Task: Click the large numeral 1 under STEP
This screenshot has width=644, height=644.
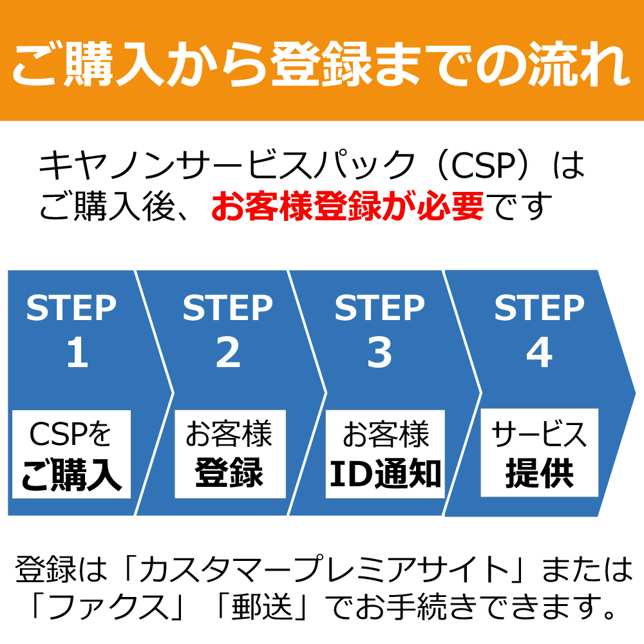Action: pyautogui.click(x=78, y=352)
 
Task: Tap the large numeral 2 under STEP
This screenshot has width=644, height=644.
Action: pyautogui.click(x=227, y=352)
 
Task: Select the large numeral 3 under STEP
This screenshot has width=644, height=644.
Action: pyautogui.click(x=379, y=352)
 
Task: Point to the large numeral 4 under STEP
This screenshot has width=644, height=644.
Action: pyautogui.click(x=539, y=352)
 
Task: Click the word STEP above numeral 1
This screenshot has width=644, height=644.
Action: pyautogui.click(x=71, y=308)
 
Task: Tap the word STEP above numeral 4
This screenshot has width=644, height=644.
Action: pyautogui.click(x=539, y=308)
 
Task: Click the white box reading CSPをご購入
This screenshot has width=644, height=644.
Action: pyautogui.click(x=71, y=454)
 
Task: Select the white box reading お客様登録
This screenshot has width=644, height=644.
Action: pyautogui.click(x=230, y=454)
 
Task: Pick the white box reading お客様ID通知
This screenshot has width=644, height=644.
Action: pyautogui.click(x=385, y=454)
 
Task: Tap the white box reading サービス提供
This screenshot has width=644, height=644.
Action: pyautogui.click(x=539, y=453)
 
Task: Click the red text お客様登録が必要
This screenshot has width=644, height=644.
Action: pyautogui.click(x=348, y=206)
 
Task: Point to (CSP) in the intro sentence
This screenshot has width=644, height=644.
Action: pyautogui.click(x=484, y=165)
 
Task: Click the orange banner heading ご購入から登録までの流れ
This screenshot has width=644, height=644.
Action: pyautogui.click(x=322, y=64)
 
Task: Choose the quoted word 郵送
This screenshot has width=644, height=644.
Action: pyautogui.click(x=263, y=607)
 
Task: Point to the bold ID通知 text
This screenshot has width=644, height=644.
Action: pyautogui.click(x=385, y=473)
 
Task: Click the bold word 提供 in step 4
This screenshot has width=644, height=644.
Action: pyautogui.click(x=539, y=473)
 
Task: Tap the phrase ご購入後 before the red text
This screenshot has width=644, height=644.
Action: pyautogui.click(x=108, y=206)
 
